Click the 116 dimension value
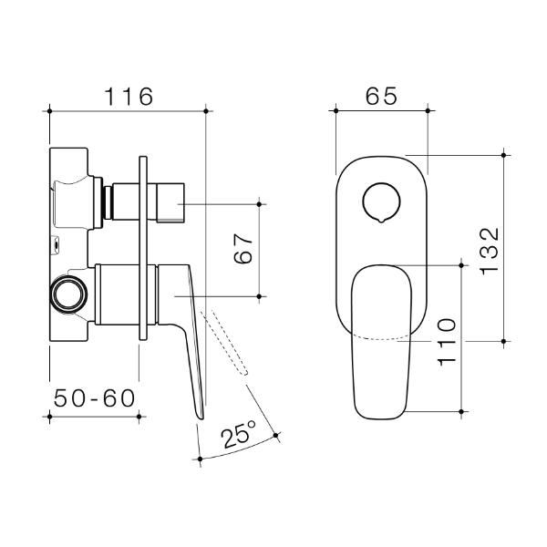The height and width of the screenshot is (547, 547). tap(128, 94)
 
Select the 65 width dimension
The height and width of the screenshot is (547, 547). tap(382, 94)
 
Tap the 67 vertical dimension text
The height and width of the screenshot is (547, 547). tap(243, 248)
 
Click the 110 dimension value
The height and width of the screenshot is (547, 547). tap(446, 341)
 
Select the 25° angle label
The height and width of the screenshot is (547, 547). tap(236, 436)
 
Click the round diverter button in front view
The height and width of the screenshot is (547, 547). tap(380, 202)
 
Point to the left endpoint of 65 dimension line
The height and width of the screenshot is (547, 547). tap(336, 111)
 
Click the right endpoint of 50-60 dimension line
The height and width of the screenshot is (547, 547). tap(139, 417)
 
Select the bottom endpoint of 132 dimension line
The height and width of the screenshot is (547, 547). tap(504, 340)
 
